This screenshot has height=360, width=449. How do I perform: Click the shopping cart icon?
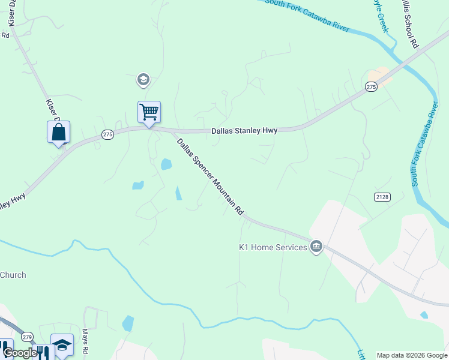click(x=149, y=112)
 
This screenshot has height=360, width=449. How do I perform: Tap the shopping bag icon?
click(x=58, y=132)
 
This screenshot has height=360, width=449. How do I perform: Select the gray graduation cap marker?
click(x=143, y=79)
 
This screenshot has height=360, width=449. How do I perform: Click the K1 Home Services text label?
click(x=273, y=247)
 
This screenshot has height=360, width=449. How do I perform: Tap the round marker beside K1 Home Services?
click(x=316, y=247)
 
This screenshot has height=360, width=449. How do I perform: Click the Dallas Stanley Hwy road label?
click(x=243, y=130)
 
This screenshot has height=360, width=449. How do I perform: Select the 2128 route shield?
click(x=382, y=197)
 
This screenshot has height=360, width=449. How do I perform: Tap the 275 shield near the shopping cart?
click(x=107, y=135)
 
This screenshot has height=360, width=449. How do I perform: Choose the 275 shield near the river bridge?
click(x=370, y=88)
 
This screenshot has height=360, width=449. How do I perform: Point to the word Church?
click(x=13, y=275)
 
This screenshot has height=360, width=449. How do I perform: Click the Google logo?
click(x=20, y=353)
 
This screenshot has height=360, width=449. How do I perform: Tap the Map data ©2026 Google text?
click(x=412, y=355)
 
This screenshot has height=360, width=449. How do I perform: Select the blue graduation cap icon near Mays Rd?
click(x=62, y=344)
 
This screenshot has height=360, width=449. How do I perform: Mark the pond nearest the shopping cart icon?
click(x=166, y=163)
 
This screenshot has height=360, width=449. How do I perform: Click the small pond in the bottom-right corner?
click(x=424, y=314)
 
